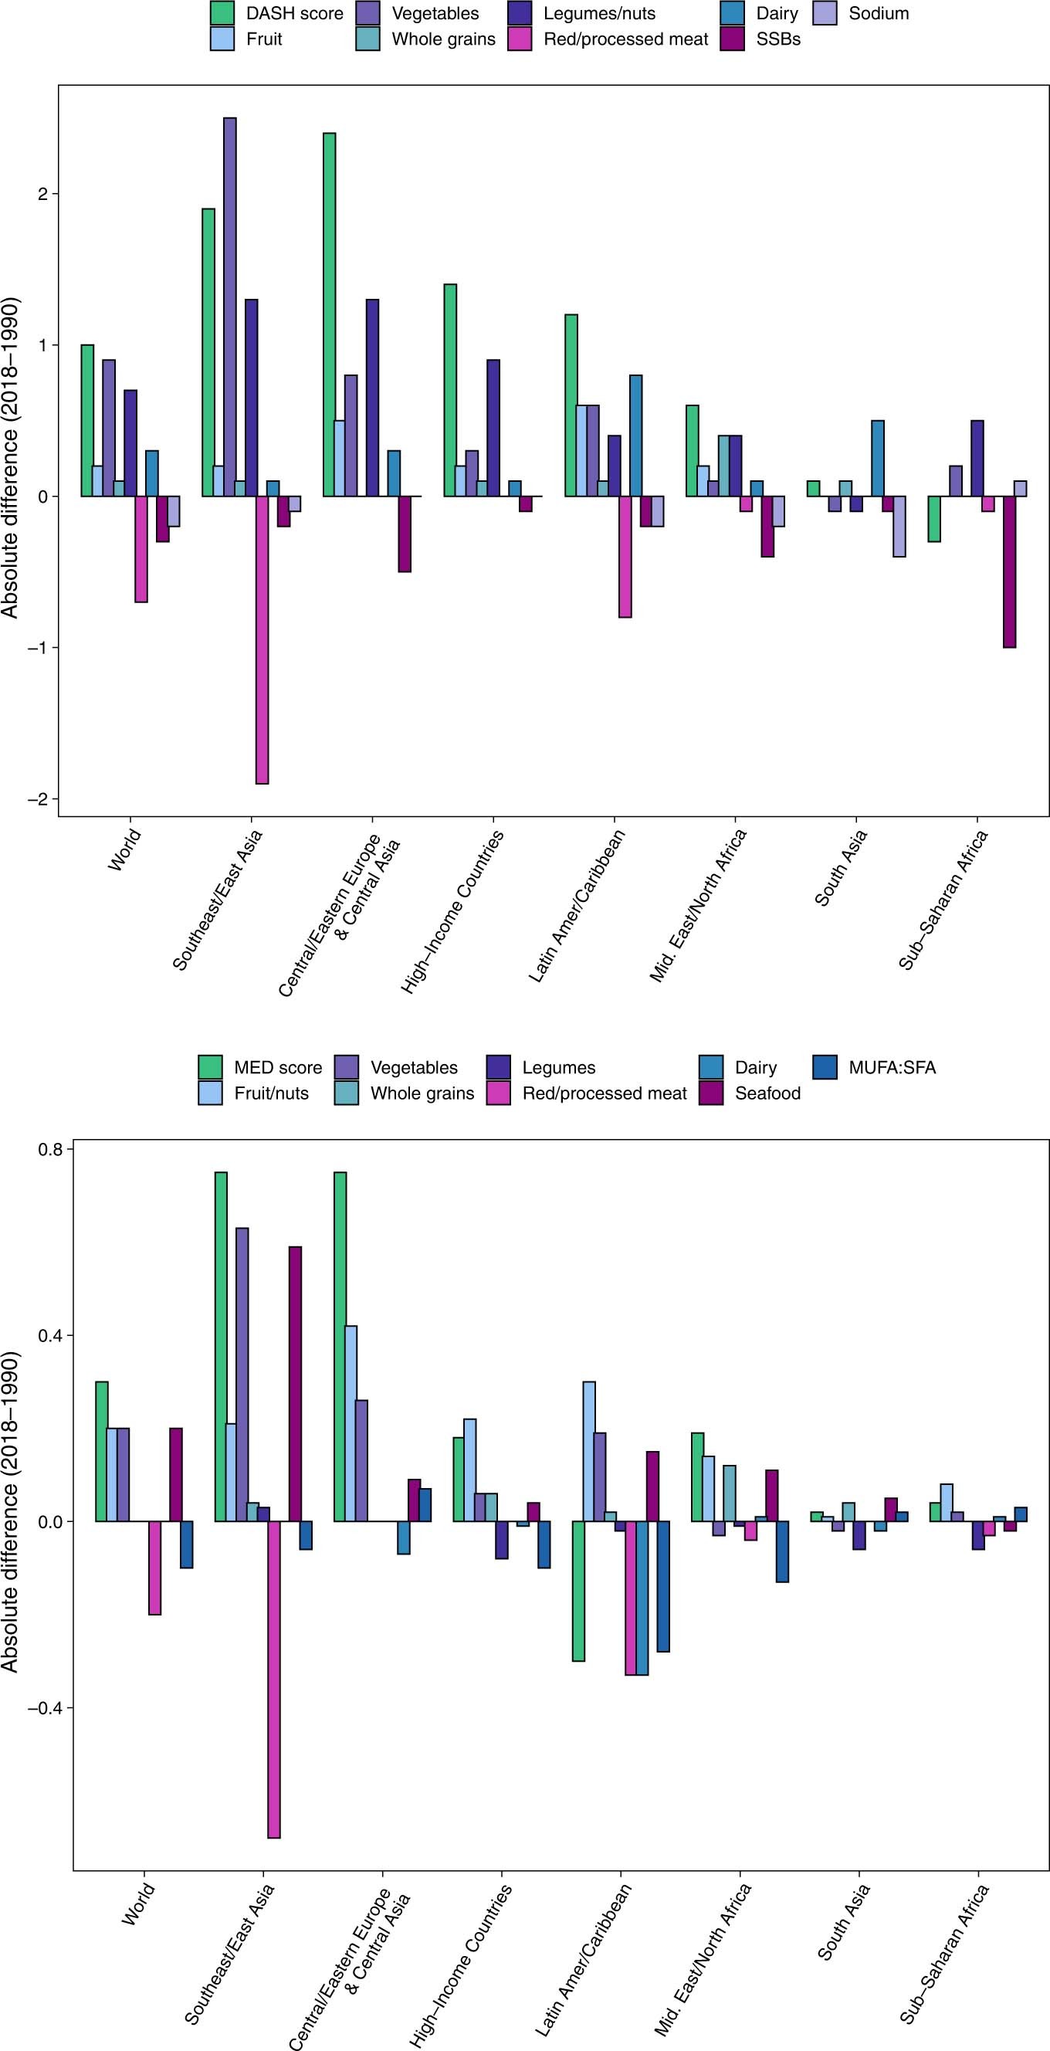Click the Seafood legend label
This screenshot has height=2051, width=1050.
(767, 1093)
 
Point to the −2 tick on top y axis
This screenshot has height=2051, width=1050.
(36, 798)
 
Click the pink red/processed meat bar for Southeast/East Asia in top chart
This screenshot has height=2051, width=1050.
(262, 639)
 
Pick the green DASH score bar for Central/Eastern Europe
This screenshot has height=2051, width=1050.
(329, 314)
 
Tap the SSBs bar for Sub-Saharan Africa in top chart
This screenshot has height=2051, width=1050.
(1009, 571)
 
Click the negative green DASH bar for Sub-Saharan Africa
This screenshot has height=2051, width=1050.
(934, 518)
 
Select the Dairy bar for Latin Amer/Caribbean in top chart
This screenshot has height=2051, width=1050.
(635, 436)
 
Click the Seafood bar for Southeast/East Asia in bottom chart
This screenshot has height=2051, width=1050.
(296, 1384)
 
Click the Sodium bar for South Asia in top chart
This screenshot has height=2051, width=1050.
(899, 527)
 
